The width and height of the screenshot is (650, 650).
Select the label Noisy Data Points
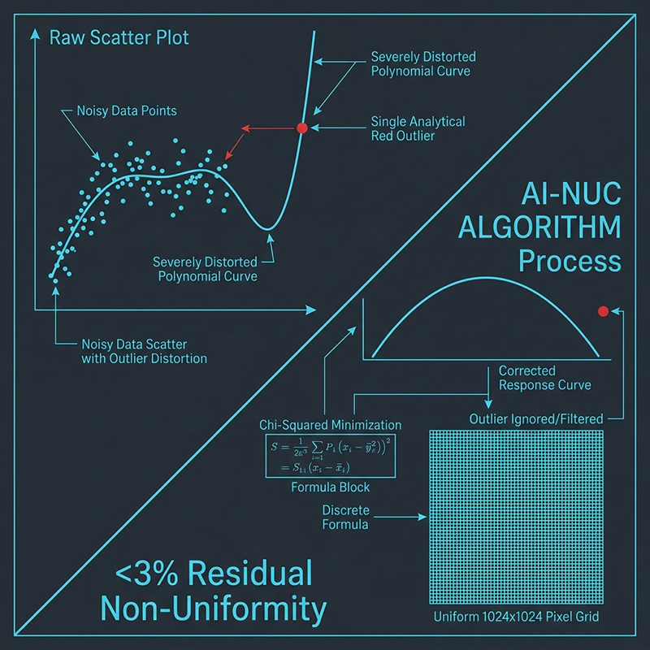coord(127,110)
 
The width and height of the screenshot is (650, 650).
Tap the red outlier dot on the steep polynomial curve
coord(301,128)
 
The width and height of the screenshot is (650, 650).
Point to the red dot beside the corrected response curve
coord(603,311)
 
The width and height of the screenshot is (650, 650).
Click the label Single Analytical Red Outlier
coord(418,128)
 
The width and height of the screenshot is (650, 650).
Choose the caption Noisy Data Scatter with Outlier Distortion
coord(144,350)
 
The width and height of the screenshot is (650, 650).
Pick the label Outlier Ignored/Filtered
coord(536,419)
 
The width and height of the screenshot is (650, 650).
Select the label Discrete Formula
coord(346,518)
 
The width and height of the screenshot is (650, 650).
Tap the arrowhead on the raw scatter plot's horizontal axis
coord(311,310)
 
